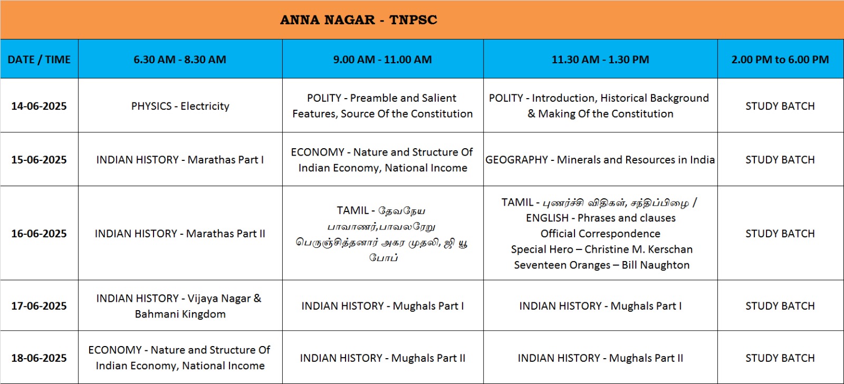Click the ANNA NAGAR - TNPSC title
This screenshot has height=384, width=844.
click(x=359, y=20)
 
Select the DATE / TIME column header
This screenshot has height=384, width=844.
click(x=39, y=60)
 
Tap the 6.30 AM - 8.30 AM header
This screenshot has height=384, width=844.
click(x=180, y=60)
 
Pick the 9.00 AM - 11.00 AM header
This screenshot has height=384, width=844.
click(x=382, y=60)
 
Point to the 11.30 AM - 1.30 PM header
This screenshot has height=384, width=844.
click(x=600, y=60)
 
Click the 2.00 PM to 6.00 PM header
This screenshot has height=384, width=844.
click(x=780, y=60)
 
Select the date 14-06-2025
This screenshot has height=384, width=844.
click(x=39, y=106)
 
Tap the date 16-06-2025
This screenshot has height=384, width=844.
click(x=39, y=234)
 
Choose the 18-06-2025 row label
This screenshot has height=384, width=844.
click(x=39, y=358)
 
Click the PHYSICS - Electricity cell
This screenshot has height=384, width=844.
click(x=180, y=106)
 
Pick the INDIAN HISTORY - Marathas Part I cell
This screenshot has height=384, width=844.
click(x=180, y=160)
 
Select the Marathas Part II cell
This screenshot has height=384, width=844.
click(x=180, y=234)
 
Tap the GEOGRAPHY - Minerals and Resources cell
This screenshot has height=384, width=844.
click(x=600, y=160)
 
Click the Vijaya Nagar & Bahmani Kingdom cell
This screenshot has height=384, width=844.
click(x=179, y=306)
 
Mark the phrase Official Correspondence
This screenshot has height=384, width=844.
click(x=600, y=234)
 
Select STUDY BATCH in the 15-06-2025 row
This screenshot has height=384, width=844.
click(x=780, y=160)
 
